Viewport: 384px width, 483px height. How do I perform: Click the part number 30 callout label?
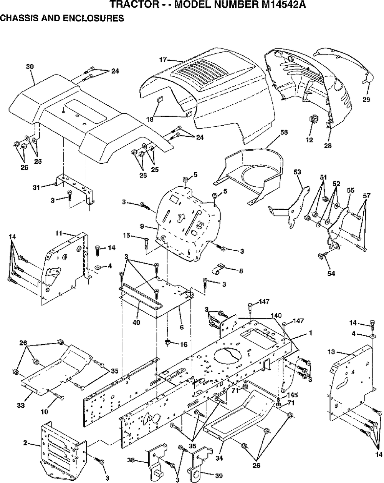30,66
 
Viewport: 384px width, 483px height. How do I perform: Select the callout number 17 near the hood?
163,60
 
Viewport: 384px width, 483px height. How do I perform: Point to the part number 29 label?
366,100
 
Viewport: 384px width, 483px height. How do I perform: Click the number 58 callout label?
284,132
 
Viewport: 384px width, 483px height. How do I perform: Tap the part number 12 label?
309,140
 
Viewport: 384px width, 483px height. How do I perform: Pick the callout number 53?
297,172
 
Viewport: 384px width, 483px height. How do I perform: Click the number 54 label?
331,273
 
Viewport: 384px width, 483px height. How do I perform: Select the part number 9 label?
142,226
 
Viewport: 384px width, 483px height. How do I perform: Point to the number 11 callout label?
58,233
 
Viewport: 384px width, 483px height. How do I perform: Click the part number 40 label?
136,322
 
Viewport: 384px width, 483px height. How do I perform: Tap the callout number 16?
184,344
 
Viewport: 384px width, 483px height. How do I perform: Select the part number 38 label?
131,460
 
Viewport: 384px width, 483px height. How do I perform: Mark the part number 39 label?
219,476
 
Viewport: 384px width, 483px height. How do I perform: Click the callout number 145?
292,395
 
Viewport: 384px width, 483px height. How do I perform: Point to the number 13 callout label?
331,352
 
